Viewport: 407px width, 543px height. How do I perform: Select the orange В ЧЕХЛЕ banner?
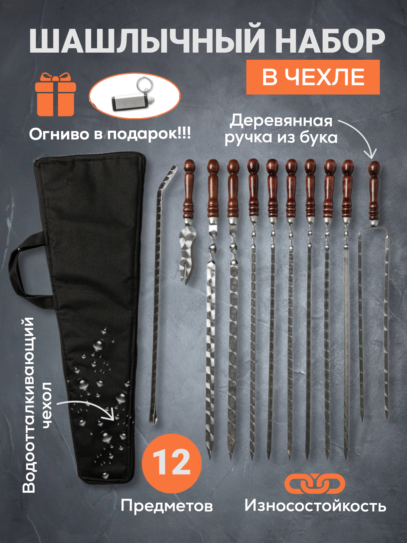[313, 77]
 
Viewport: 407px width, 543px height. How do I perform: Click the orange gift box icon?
[55, 95]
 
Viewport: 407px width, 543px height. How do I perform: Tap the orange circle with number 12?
[172, 463]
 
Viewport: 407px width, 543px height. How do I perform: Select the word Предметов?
[167, 506]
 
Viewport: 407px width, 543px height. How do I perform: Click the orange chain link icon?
[315, 483]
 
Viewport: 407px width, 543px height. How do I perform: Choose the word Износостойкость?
[315, 506]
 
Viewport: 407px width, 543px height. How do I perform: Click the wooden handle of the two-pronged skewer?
[374, 193]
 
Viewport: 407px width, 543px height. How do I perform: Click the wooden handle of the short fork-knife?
[189, 190]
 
